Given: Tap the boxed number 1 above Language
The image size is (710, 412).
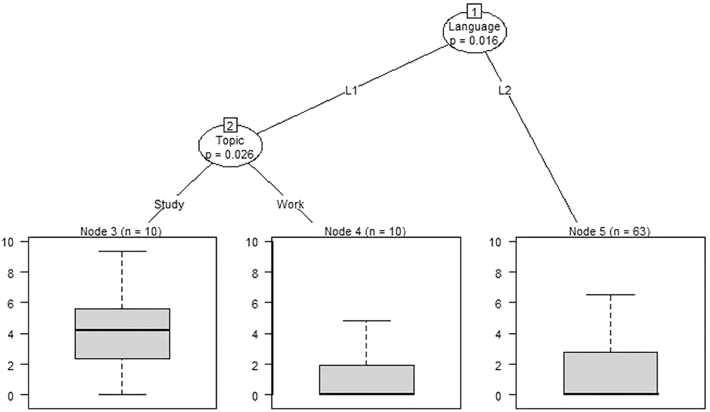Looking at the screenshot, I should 474,10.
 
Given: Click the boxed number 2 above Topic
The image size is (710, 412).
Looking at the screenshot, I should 229,126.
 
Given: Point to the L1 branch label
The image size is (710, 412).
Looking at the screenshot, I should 351,91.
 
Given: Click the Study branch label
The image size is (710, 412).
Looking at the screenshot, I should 169,204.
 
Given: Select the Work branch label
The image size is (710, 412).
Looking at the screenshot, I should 290,204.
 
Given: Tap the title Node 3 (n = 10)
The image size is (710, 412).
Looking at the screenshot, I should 121,231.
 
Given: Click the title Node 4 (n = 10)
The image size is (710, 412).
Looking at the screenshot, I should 365,231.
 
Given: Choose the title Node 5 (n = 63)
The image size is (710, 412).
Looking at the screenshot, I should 609,231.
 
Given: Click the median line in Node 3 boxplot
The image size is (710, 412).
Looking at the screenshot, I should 122,330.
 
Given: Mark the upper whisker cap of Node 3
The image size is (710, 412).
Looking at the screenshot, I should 122,251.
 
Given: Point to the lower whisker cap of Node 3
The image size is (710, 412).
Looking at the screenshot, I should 122,394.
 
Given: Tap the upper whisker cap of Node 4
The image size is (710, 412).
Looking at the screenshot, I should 366,321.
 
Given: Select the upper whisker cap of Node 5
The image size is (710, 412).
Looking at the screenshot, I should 610,294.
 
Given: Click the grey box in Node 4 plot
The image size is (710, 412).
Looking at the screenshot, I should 366,379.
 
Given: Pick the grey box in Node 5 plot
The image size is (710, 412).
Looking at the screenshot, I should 610,373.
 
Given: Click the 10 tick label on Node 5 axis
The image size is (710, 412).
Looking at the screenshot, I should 496,242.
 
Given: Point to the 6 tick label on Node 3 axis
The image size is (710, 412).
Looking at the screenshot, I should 10,302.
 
